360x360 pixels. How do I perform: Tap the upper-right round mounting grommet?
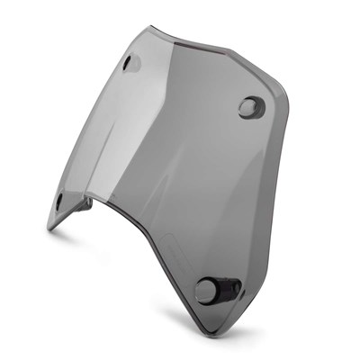pyautogui.click(x=247, y=107)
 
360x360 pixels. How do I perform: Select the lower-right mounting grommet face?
pyautogui.click(x=205, y=291)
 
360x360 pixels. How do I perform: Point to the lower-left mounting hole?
pyautogui.click(x=59, y=200)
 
